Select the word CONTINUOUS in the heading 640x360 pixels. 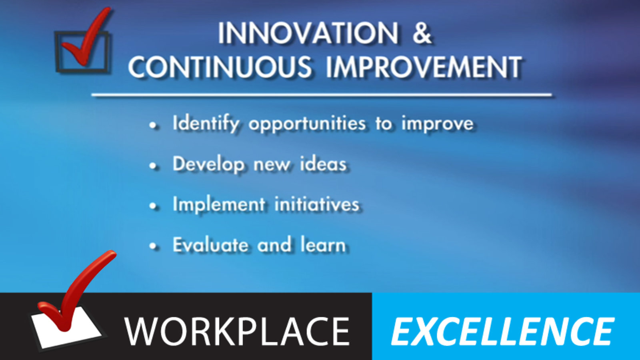[220, 67]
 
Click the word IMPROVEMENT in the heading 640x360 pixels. [424, 67]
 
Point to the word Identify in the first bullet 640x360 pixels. [206, 124]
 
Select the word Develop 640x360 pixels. [208, 165]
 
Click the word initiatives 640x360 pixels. [317, 204]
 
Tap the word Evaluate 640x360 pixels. [210, 244]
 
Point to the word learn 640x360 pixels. [323, 244]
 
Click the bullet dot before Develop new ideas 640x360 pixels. [154, 166]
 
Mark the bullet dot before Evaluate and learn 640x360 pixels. [154, 246]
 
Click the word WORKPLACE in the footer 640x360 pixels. [237, 332]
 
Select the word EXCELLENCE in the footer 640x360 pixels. [503, 332]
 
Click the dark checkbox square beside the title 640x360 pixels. [57, 52]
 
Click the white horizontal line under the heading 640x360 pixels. [322, 95]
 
